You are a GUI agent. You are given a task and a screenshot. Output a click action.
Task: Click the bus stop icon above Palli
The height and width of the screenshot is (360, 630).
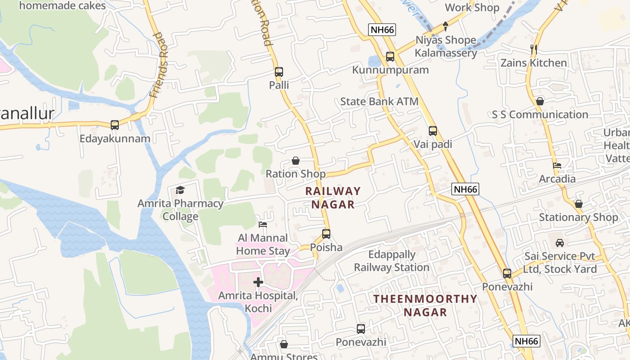click(279, 72)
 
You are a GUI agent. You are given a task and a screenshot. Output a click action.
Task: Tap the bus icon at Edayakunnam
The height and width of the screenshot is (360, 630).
click(115, 125)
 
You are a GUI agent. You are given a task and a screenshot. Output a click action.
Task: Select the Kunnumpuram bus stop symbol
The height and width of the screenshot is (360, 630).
click(390, 57)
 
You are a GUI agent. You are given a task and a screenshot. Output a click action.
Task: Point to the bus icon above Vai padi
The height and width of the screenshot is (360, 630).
click(433, 131)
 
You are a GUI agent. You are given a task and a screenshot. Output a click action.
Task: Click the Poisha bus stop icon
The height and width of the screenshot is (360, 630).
click(326, 234)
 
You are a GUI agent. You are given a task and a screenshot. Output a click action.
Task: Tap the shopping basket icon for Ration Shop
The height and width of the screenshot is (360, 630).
click(296, 161)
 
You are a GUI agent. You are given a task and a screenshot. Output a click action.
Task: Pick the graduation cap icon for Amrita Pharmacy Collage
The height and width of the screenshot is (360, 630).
click(180, 190)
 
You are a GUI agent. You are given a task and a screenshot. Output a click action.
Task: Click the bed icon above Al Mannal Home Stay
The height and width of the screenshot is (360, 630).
click(263, 224)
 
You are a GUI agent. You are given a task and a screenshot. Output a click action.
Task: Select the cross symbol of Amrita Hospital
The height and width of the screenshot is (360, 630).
click(258, 282)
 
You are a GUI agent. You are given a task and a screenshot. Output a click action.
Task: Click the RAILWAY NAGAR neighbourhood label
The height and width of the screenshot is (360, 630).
click(333, 198)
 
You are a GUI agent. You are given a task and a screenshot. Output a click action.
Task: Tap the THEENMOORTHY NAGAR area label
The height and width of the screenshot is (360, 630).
click(425, 305)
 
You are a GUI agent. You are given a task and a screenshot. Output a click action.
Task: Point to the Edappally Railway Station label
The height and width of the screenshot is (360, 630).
click(391, 261)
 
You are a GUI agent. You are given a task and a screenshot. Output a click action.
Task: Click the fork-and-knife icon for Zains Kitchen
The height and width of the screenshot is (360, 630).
click(534, 49)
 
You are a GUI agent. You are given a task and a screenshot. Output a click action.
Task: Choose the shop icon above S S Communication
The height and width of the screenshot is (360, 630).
click(540, 101)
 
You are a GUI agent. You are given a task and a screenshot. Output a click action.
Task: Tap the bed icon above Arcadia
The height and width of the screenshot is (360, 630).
click(557, 166)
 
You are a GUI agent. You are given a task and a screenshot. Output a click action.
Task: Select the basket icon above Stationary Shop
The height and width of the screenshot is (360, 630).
click(579, 204)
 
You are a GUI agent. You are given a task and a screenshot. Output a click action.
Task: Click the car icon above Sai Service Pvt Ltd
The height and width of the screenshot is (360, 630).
click(560, 243)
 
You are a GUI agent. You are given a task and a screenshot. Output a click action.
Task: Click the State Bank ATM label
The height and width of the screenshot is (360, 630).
click(379, 102)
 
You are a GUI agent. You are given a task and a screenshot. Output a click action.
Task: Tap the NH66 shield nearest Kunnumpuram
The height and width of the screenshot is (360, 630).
click(382, 30)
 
